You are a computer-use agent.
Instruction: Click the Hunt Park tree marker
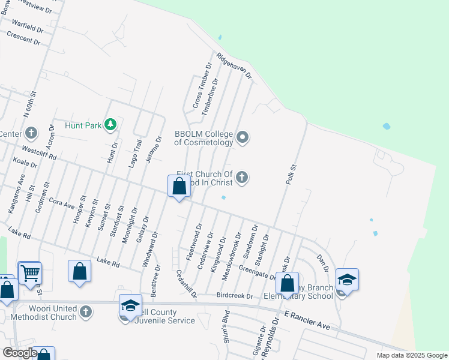pos(110,125)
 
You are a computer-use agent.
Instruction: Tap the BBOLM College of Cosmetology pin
pos(243,138)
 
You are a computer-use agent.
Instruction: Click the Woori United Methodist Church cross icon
pos(86,311)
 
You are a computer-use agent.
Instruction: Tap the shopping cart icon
pos(29,273)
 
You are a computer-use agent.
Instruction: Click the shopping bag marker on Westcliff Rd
pos(179,187)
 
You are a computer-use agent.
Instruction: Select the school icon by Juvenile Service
pos(130,306)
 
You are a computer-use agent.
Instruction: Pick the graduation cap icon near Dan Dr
pos(347,280)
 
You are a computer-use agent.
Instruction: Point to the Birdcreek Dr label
pos(235,296)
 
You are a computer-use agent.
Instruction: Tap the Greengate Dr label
pos(256,272)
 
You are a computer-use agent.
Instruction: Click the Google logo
pos(20,353)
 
